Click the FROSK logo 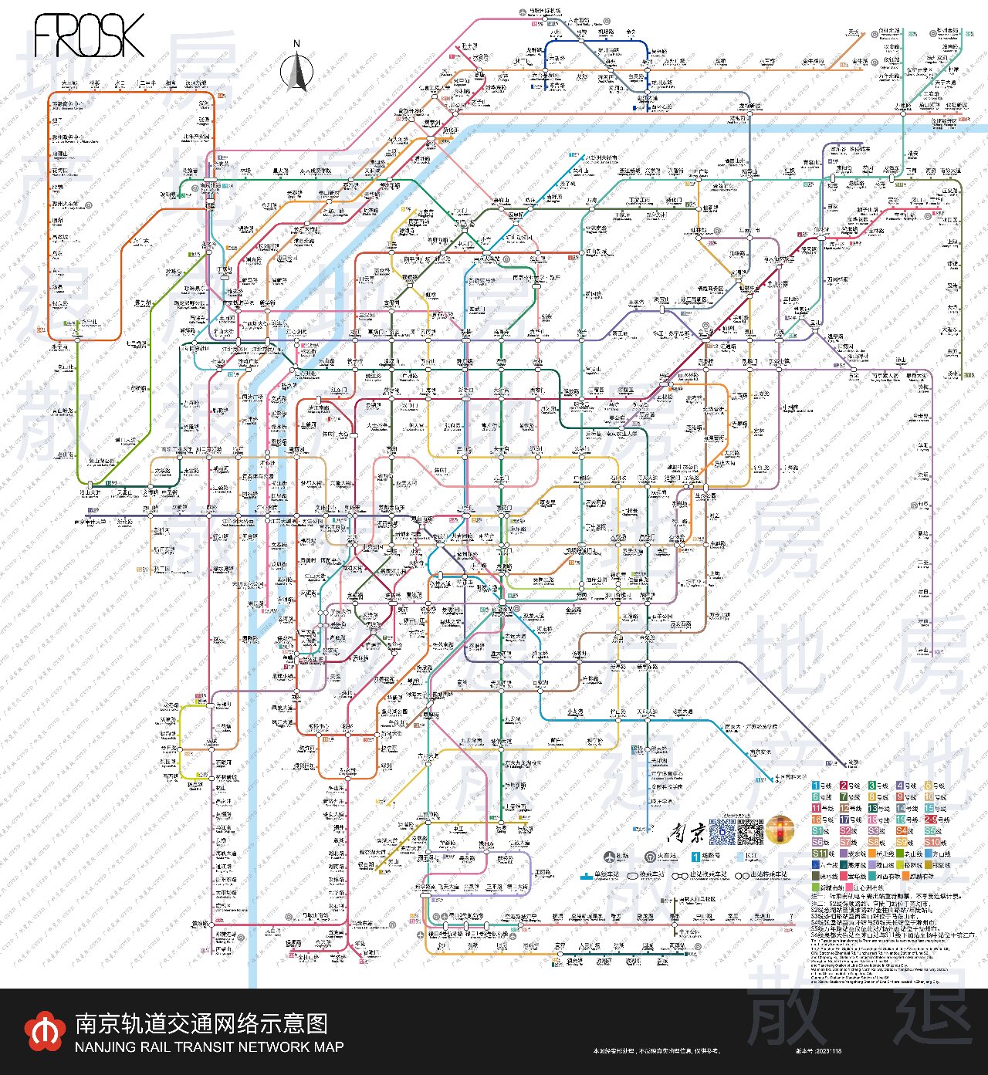tap(89, 35)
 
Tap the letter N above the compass tap(296, 44)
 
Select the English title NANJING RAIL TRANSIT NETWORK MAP tap(209, 1047)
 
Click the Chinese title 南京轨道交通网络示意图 tap(201, 1024)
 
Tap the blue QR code tap(722, 830)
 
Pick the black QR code tap(750, 830)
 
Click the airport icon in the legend tap(611, 857)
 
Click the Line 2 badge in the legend tap(844, 786)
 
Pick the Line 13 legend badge tap(872, 808)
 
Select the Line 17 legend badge tap(844, 820)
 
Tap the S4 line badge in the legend tap(901, 831)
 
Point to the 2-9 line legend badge tap(930, 820)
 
